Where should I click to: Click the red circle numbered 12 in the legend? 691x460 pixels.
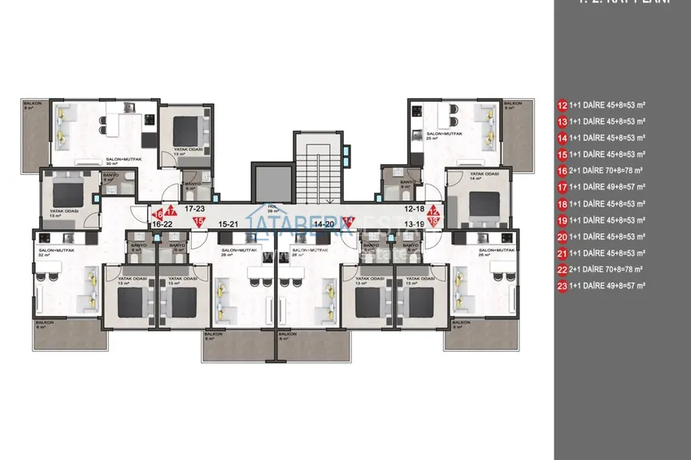[x=561, y=105]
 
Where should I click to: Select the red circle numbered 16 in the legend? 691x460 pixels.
[x=561, y=171]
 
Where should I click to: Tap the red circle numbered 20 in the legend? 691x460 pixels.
[x=561, y=237]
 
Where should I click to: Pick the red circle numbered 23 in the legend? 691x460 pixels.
[x=561, y=286]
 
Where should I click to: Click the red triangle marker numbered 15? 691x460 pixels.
[x=198, y=220]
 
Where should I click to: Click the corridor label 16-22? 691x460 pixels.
[x=162, y=223]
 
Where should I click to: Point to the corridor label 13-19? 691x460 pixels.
[x=415, y=223]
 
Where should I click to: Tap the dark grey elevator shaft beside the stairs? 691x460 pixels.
[x=266, y=179]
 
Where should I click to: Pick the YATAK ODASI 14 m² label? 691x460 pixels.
[x=485, y=176]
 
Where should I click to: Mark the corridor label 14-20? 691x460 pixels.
[x=324, y=223]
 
